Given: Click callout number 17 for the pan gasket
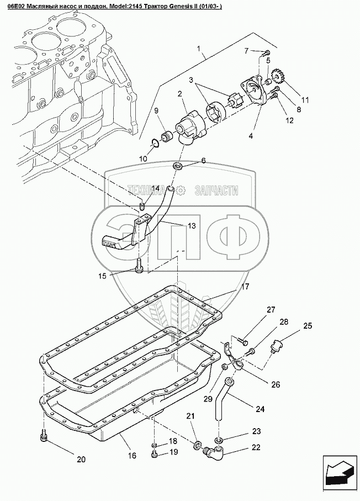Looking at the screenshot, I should pos(245,287).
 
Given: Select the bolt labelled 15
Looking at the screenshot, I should pos(138,268).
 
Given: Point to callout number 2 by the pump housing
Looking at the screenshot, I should pos(180,94).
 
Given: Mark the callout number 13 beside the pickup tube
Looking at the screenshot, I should pos(191,225).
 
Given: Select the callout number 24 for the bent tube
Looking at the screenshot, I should pos(260,409).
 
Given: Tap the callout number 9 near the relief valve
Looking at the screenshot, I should pos(156,111).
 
